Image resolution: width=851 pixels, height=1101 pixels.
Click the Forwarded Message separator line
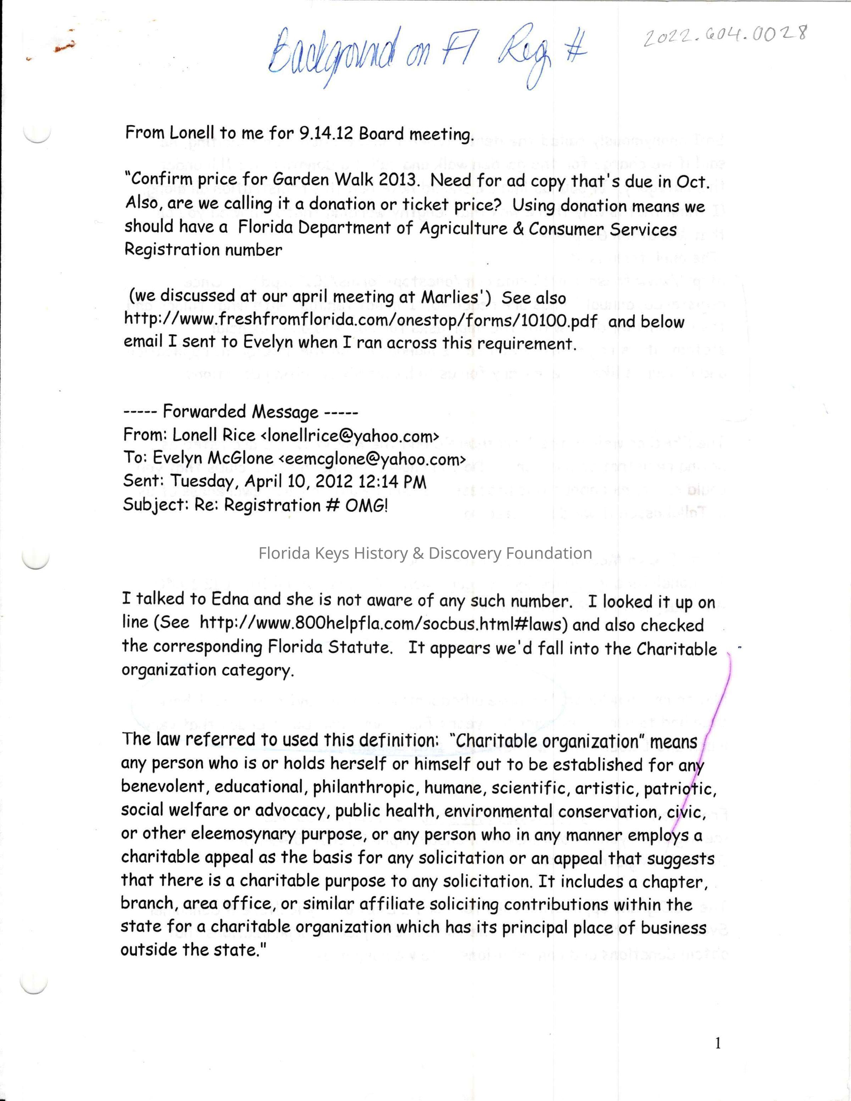click(x=240, y=412)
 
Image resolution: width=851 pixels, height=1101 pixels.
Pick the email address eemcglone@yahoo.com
click(x=372, y=458)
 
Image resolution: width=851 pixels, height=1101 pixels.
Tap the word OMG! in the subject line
click(x=367, y=505)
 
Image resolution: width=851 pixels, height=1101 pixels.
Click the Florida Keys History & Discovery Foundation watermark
click(x=425, y=553)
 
